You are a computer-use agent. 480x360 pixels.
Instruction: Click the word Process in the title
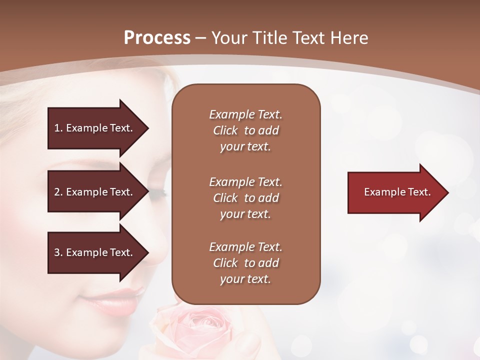pos(157,38)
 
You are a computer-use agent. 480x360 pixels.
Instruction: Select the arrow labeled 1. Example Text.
pos(95,128)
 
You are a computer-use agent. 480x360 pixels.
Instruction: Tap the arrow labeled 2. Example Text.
pos(95,192)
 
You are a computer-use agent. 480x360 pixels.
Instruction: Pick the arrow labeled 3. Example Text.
pos(95,252)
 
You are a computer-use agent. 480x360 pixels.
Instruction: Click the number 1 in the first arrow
pos(57,128)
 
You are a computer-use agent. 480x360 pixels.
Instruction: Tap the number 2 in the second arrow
pos(57,192)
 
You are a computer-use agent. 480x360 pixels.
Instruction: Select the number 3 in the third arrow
pos(57,252)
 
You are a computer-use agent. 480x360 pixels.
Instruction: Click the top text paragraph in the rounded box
pos(245,130)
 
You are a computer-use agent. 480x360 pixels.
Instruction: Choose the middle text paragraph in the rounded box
pos(245,198)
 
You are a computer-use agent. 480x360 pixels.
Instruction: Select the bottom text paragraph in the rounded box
pos(245,263)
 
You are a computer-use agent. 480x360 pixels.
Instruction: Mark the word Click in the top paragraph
pos(225,130)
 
